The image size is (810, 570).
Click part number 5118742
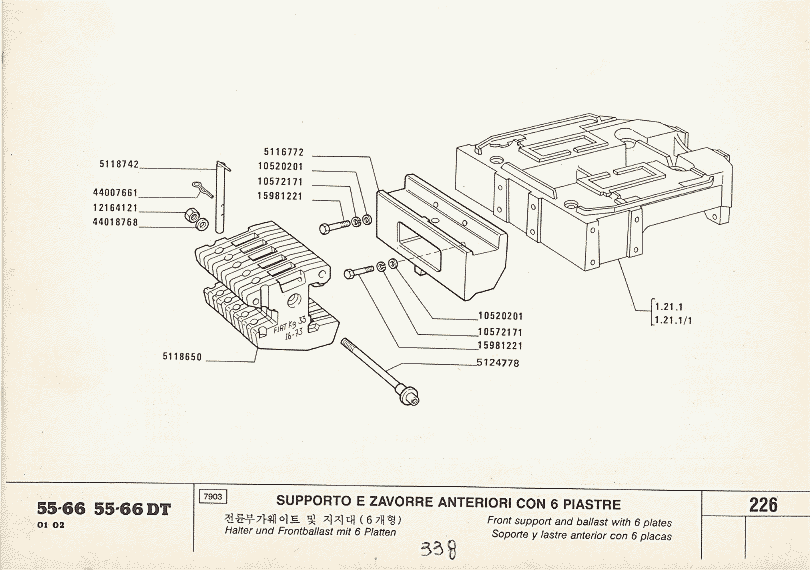(119, 163)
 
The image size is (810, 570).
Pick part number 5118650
(182, 356)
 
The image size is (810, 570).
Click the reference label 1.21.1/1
(677, 320)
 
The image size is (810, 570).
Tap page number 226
(763, 505)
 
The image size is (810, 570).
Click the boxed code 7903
(212, 496)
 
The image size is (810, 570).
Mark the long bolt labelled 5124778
(380, 370)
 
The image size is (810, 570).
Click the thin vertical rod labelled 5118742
(223, 195)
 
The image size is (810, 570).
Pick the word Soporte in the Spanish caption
(514, 535)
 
